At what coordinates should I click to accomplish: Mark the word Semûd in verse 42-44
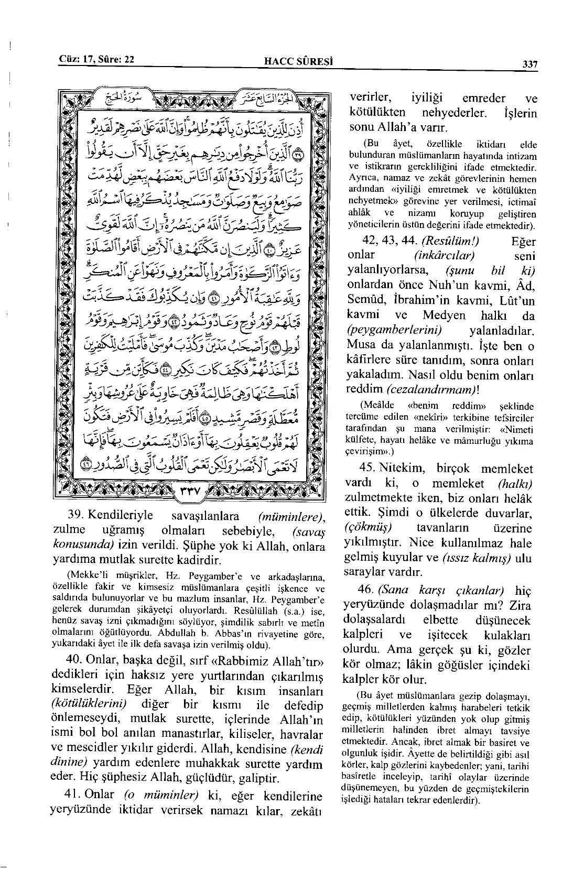[x=363, y=301]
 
